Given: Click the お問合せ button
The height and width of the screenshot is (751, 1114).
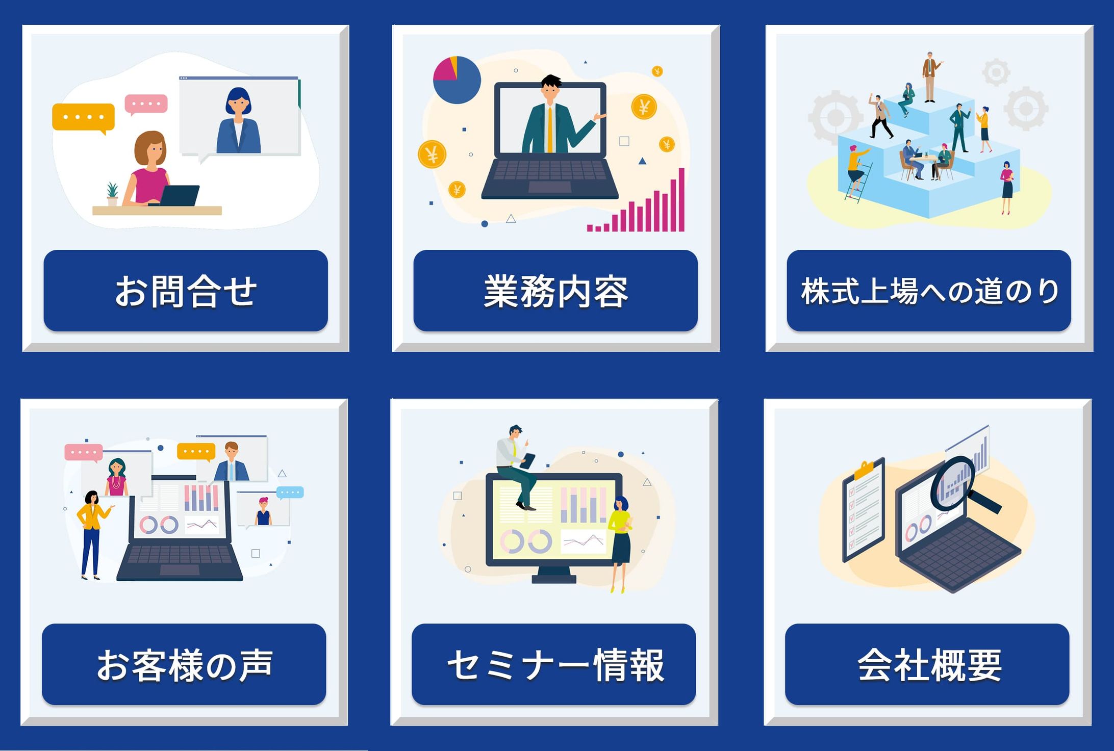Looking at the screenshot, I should [186, 291].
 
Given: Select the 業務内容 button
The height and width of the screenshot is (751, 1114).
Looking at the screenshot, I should [555, 291].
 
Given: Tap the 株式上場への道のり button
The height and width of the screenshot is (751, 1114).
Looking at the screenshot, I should [929, 291].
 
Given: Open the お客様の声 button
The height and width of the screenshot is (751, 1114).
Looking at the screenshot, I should [184, 664].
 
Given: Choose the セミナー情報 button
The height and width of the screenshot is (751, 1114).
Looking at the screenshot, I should [554, 664].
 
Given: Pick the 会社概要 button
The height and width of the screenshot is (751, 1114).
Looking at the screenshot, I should [927, 664].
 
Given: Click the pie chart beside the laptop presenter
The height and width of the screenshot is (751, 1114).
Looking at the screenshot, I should [457, 80].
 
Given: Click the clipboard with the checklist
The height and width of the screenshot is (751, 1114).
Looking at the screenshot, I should [863, 510].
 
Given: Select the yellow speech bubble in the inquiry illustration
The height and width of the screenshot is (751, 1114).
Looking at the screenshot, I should [83, 117].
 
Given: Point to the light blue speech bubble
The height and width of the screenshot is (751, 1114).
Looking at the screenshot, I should [290, 493].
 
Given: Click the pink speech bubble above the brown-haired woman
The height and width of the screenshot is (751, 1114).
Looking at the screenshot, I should [146, 104].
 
